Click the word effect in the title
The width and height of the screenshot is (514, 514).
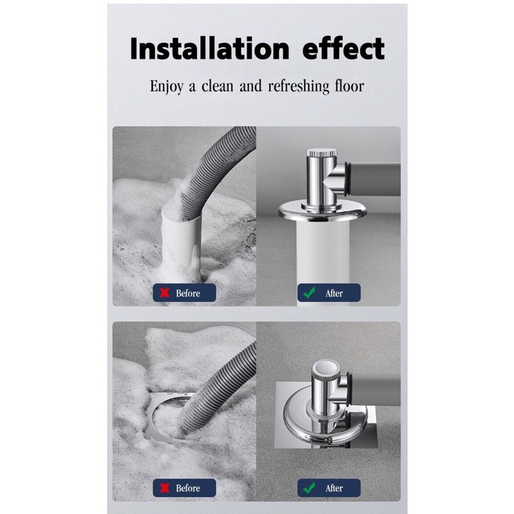coord(338,49)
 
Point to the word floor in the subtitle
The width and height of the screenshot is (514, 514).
coord(349,86)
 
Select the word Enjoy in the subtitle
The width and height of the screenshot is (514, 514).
coord(167,86)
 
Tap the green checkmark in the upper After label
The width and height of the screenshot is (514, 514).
coord(309,293)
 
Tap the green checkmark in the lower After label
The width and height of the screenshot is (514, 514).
coord(309,487)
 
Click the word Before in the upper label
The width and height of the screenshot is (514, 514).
coord(188,293)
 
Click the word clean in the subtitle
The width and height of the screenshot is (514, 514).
coord(217,86)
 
